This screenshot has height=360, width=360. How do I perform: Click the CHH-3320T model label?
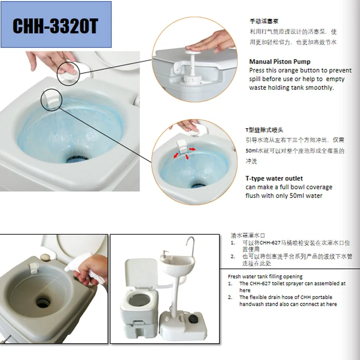[55, 25]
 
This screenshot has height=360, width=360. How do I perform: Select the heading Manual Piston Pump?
[279, 61]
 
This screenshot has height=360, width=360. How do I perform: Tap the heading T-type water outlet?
[274, 179]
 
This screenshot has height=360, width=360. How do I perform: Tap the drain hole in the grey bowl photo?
[43, 303]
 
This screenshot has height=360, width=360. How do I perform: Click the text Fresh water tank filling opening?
[265, 276]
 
